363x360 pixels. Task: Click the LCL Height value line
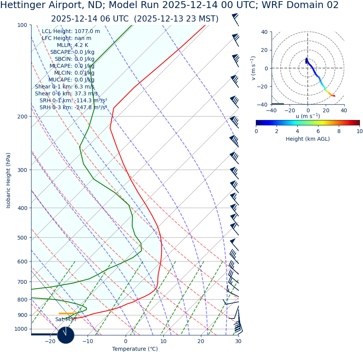[71, 32]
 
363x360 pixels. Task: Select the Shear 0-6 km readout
[66, 94]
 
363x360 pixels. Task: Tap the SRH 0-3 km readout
[73, 108]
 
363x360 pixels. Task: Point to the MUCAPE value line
[71, 80]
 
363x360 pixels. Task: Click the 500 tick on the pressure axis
[22, 238]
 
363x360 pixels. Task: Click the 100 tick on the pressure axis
[22, 25]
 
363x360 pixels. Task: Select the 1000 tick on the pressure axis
[21, 329]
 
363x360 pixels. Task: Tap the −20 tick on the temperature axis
[50, 341]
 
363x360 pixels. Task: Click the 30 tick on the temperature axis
[238, 341]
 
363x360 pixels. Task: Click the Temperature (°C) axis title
[135, 349]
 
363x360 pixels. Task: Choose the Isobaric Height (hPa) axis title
[8, 180]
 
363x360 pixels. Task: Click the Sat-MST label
[66, 319]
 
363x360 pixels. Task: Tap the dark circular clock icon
[66, 335]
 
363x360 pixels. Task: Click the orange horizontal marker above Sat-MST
[66, 313]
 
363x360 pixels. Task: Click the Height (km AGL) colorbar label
[307, 139]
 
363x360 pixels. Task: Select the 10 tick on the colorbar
[359, 131]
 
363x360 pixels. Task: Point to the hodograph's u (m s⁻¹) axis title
[308, 116]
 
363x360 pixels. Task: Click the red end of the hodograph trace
[334, 96]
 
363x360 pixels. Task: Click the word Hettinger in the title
[25, 5]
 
